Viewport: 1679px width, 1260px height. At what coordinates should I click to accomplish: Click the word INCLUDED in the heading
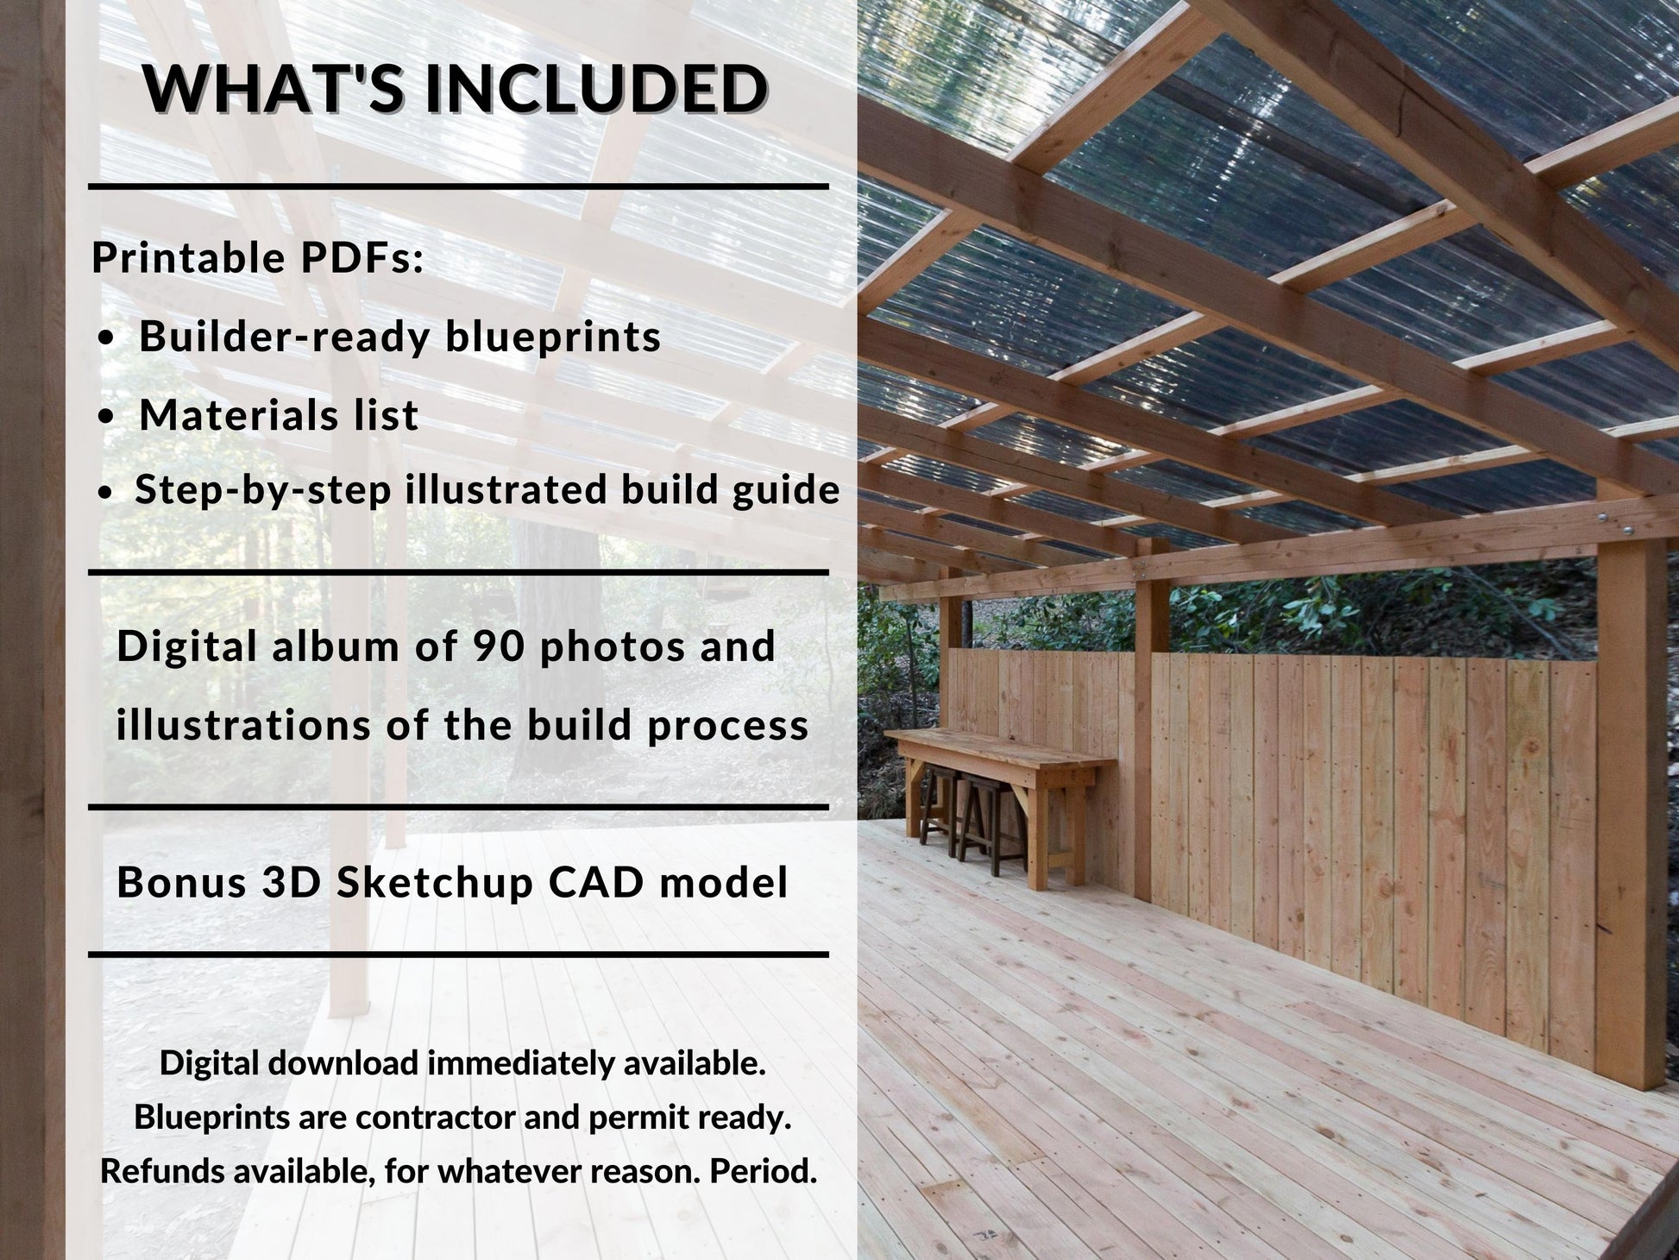click(x=595, y=89)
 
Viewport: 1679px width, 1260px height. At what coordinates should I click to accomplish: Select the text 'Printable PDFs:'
click(x=258, y=258)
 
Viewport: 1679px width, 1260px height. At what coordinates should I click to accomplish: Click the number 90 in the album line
click(x=498, y=646)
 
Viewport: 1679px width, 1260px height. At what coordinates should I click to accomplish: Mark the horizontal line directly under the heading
click(x=458, y=186)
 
